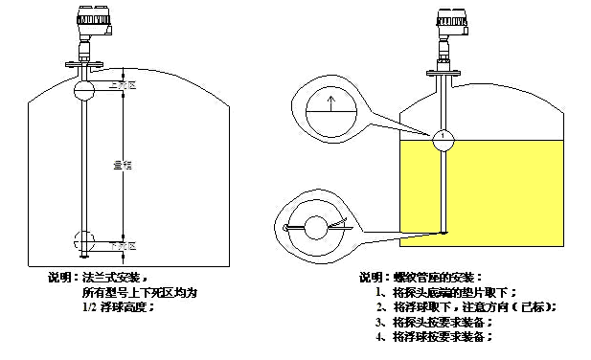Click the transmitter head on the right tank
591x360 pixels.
(449, 21)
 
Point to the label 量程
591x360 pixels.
(123, 165)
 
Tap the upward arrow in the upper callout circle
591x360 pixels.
(330, 104)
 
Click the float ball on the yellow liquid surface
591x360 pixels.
(443, 139)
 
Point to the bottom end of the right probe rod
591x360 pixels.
(443, 230)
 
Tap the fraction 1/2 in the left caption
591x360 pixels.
(88, 306)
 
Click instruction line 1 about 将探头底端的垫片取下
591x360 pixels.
(445, 292)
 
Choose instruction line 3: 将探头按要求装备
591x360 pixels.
(436, 323)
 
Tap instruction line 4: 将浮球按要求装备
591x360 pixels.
(436, 337)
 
